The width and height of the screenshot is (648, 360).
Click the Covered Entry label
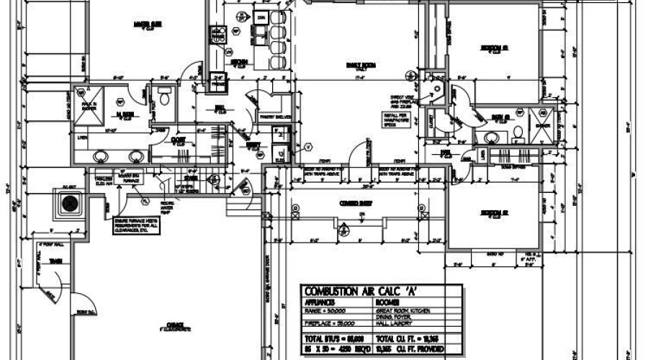[x=354, y=204]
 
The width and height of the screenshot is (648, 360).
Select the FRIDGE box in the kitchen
[x=218, y=84]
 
